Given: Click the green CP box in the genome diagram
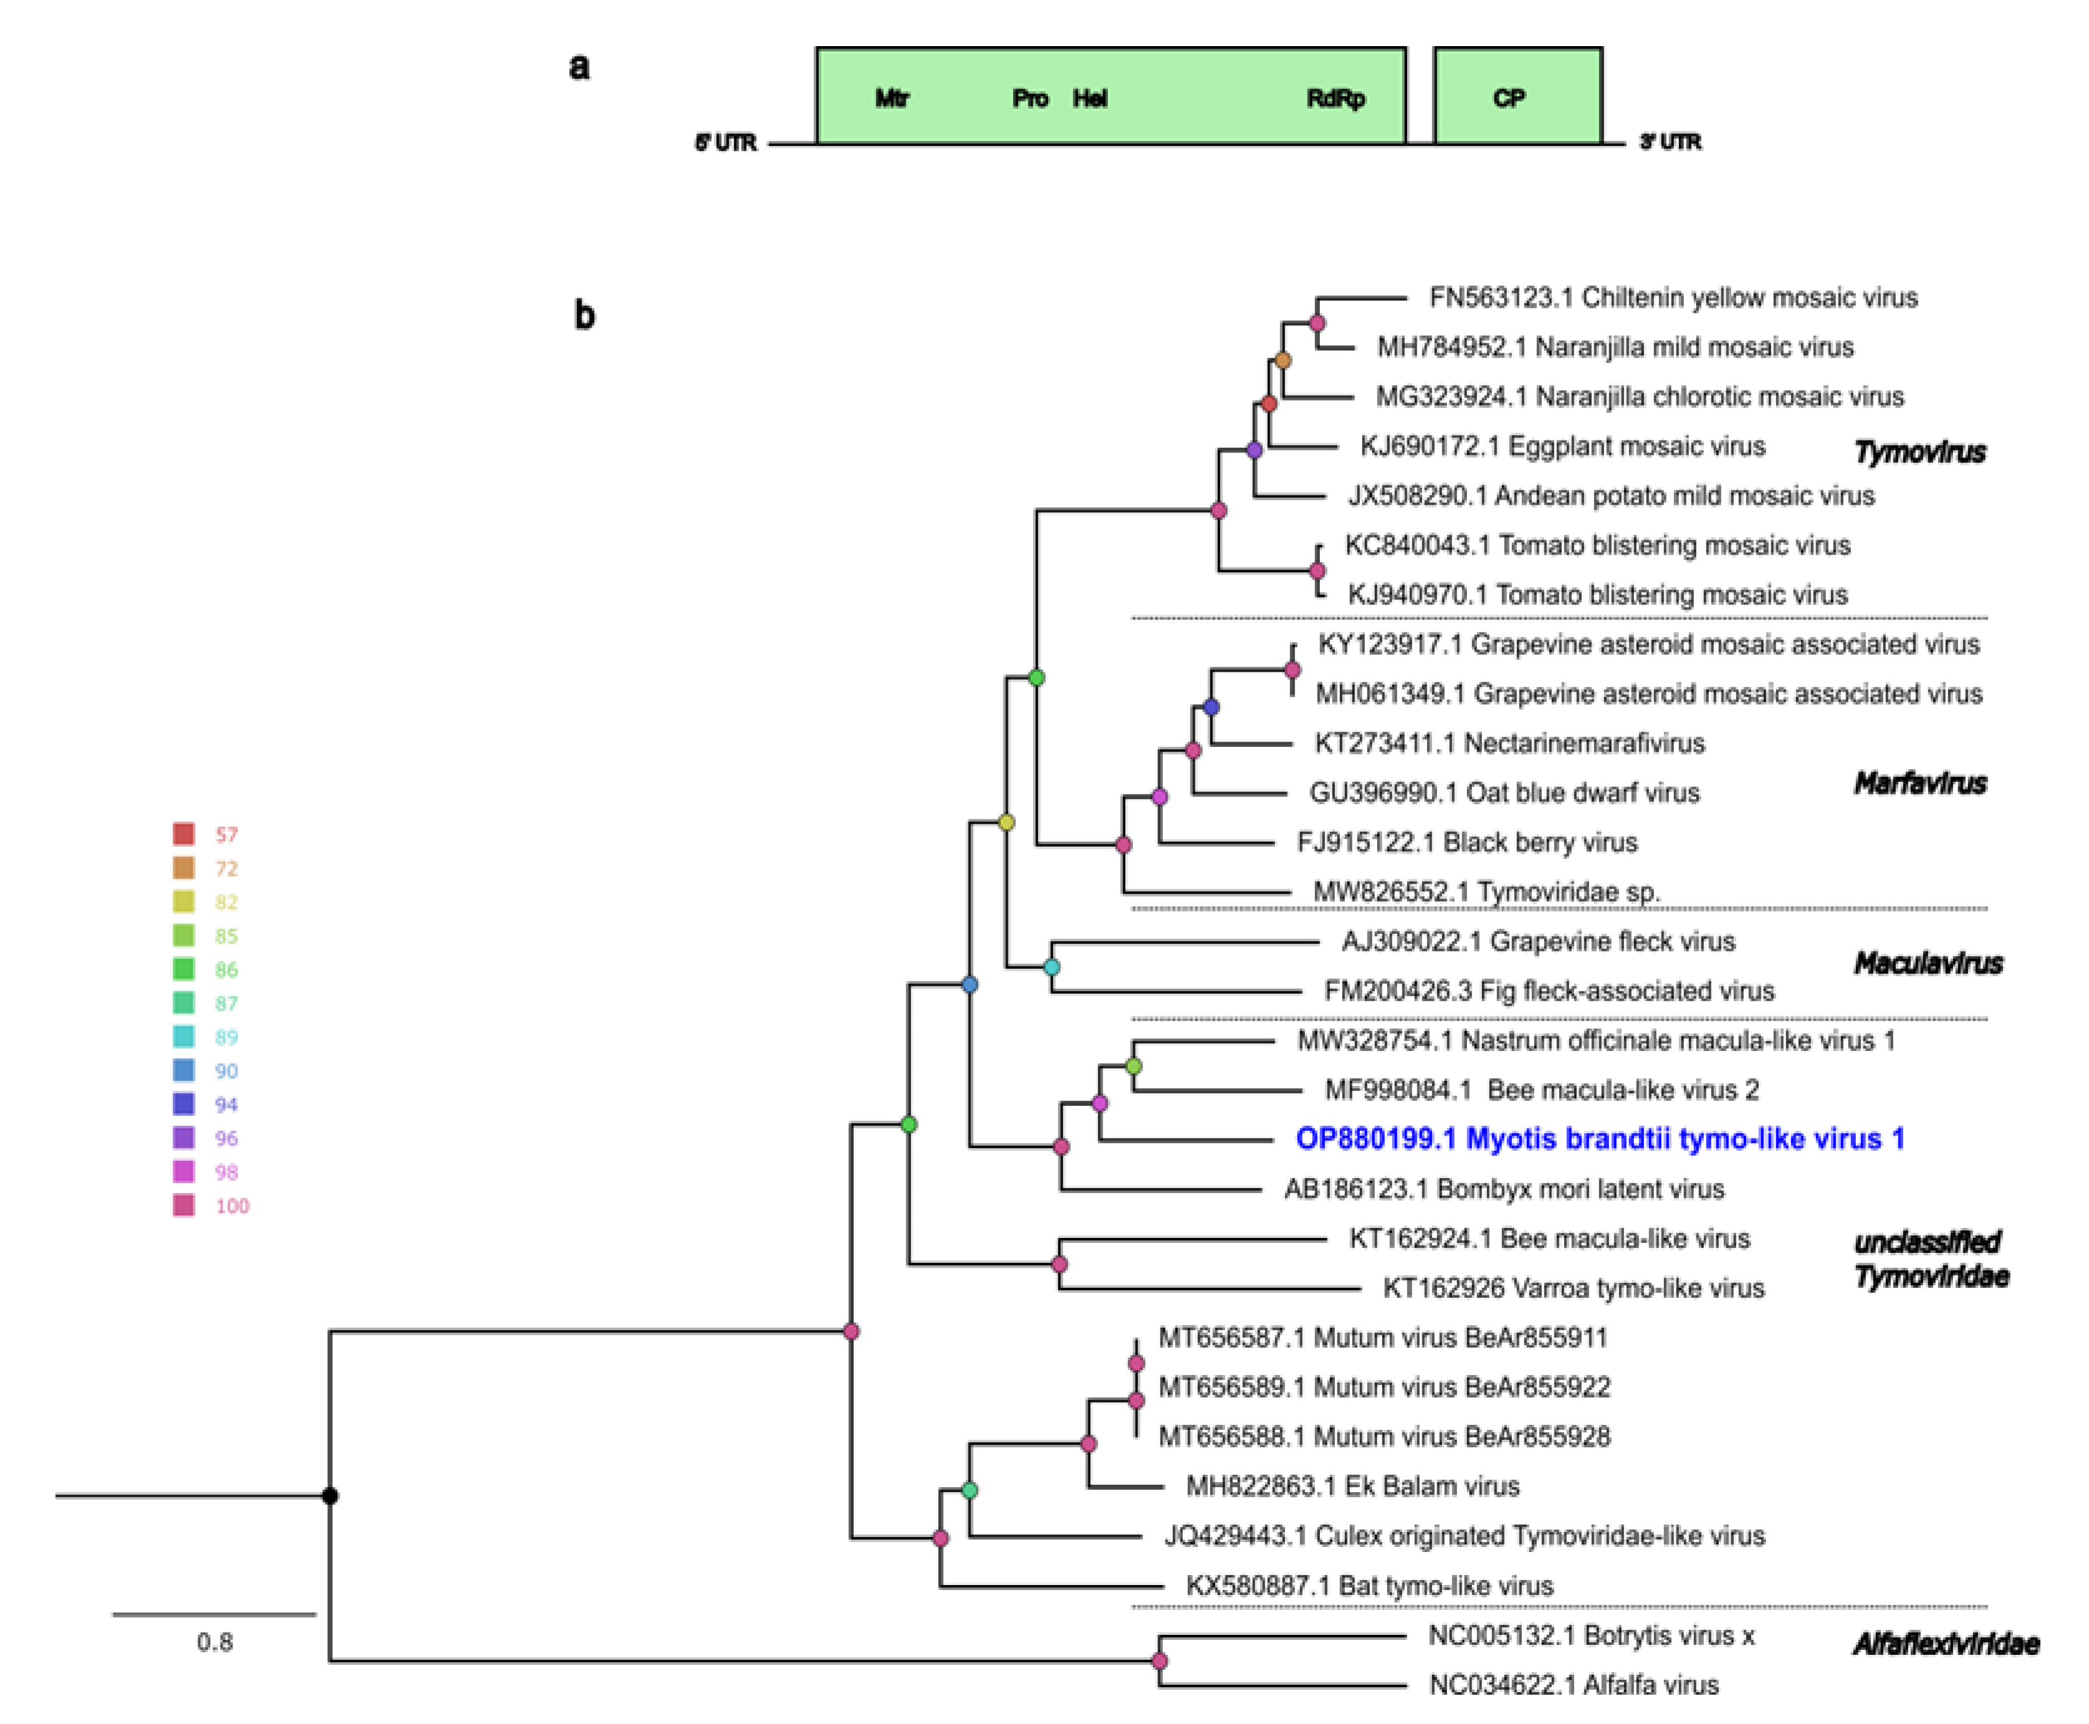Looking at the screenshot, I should (1517, 97).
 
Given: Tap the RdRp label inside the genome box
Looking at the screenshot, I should (1335, 98).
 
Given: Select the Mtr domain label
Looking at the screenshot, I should (891, 98).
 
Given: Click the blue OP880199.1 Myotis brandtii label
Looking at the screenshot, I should (1599, 1139).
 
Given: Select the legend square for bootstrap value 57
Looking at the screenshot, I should (184, 833).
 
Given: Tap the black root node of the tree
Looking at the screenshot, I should (330, 1495).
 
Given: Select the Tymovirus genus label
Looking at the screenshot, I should (1919, 452).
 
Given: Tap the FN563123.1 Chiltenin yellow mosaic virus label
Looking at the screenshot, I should (1673, 297).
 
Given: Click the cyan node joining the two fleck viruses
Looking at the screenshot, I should (1052, 966).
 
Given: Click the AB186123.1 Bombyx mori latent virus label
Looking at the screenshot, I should (1504, 1189).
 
